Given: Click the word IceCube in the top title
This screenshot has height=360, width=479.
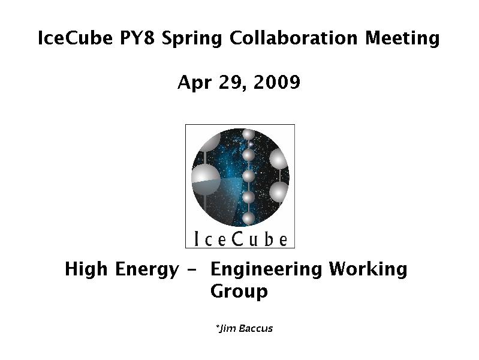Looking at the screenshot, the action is click(x=75, y=38).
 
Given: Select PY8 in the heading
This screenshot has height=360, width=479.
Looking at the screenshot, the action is click(x=137, y=38).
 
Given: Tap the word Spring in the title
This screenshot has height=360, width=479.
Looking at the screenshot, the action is click(x=192, y=39).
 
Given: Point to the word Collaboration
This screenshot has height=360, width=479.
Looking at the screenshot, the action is click(x=293, y=38).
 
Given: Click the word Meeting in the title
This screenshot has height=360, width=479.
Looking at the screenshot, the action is click(x=402, y=39).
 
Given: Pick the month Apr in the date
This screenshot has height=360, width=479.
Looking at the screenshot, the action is click(x=194, y=83).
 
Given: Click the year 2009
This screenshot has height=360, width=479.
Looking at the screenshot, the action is click(x=277, y=82).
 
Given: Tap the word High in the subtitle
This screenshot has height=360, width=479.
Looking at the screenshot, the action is click(x=86, y=269).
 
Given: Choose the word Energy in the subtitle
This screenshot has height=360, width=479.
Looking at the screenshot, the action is click(x=147, y=270).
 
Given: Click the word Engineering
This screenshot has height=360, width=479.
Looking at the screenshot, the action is click(x=266, y=270).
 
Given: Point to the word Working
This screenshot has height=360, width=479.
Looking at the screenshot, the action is click(x=368, y=270).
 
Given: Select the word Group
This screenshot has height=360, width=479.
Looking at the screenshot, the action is click(x=239, y=292).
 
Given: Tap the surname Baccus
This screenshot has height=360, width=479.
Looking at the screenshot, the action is click(x=256, y=328).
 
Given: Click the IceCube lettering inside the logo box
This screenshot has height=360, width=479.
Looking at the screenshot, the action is click(x=240, y=239).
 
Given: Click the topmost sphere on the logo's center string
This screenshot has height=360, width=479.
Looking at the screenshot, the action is click(x=248, y=134).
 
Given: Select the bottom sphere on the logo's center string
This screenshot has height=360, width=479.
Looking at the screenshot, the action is click(x=249, y=218).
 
